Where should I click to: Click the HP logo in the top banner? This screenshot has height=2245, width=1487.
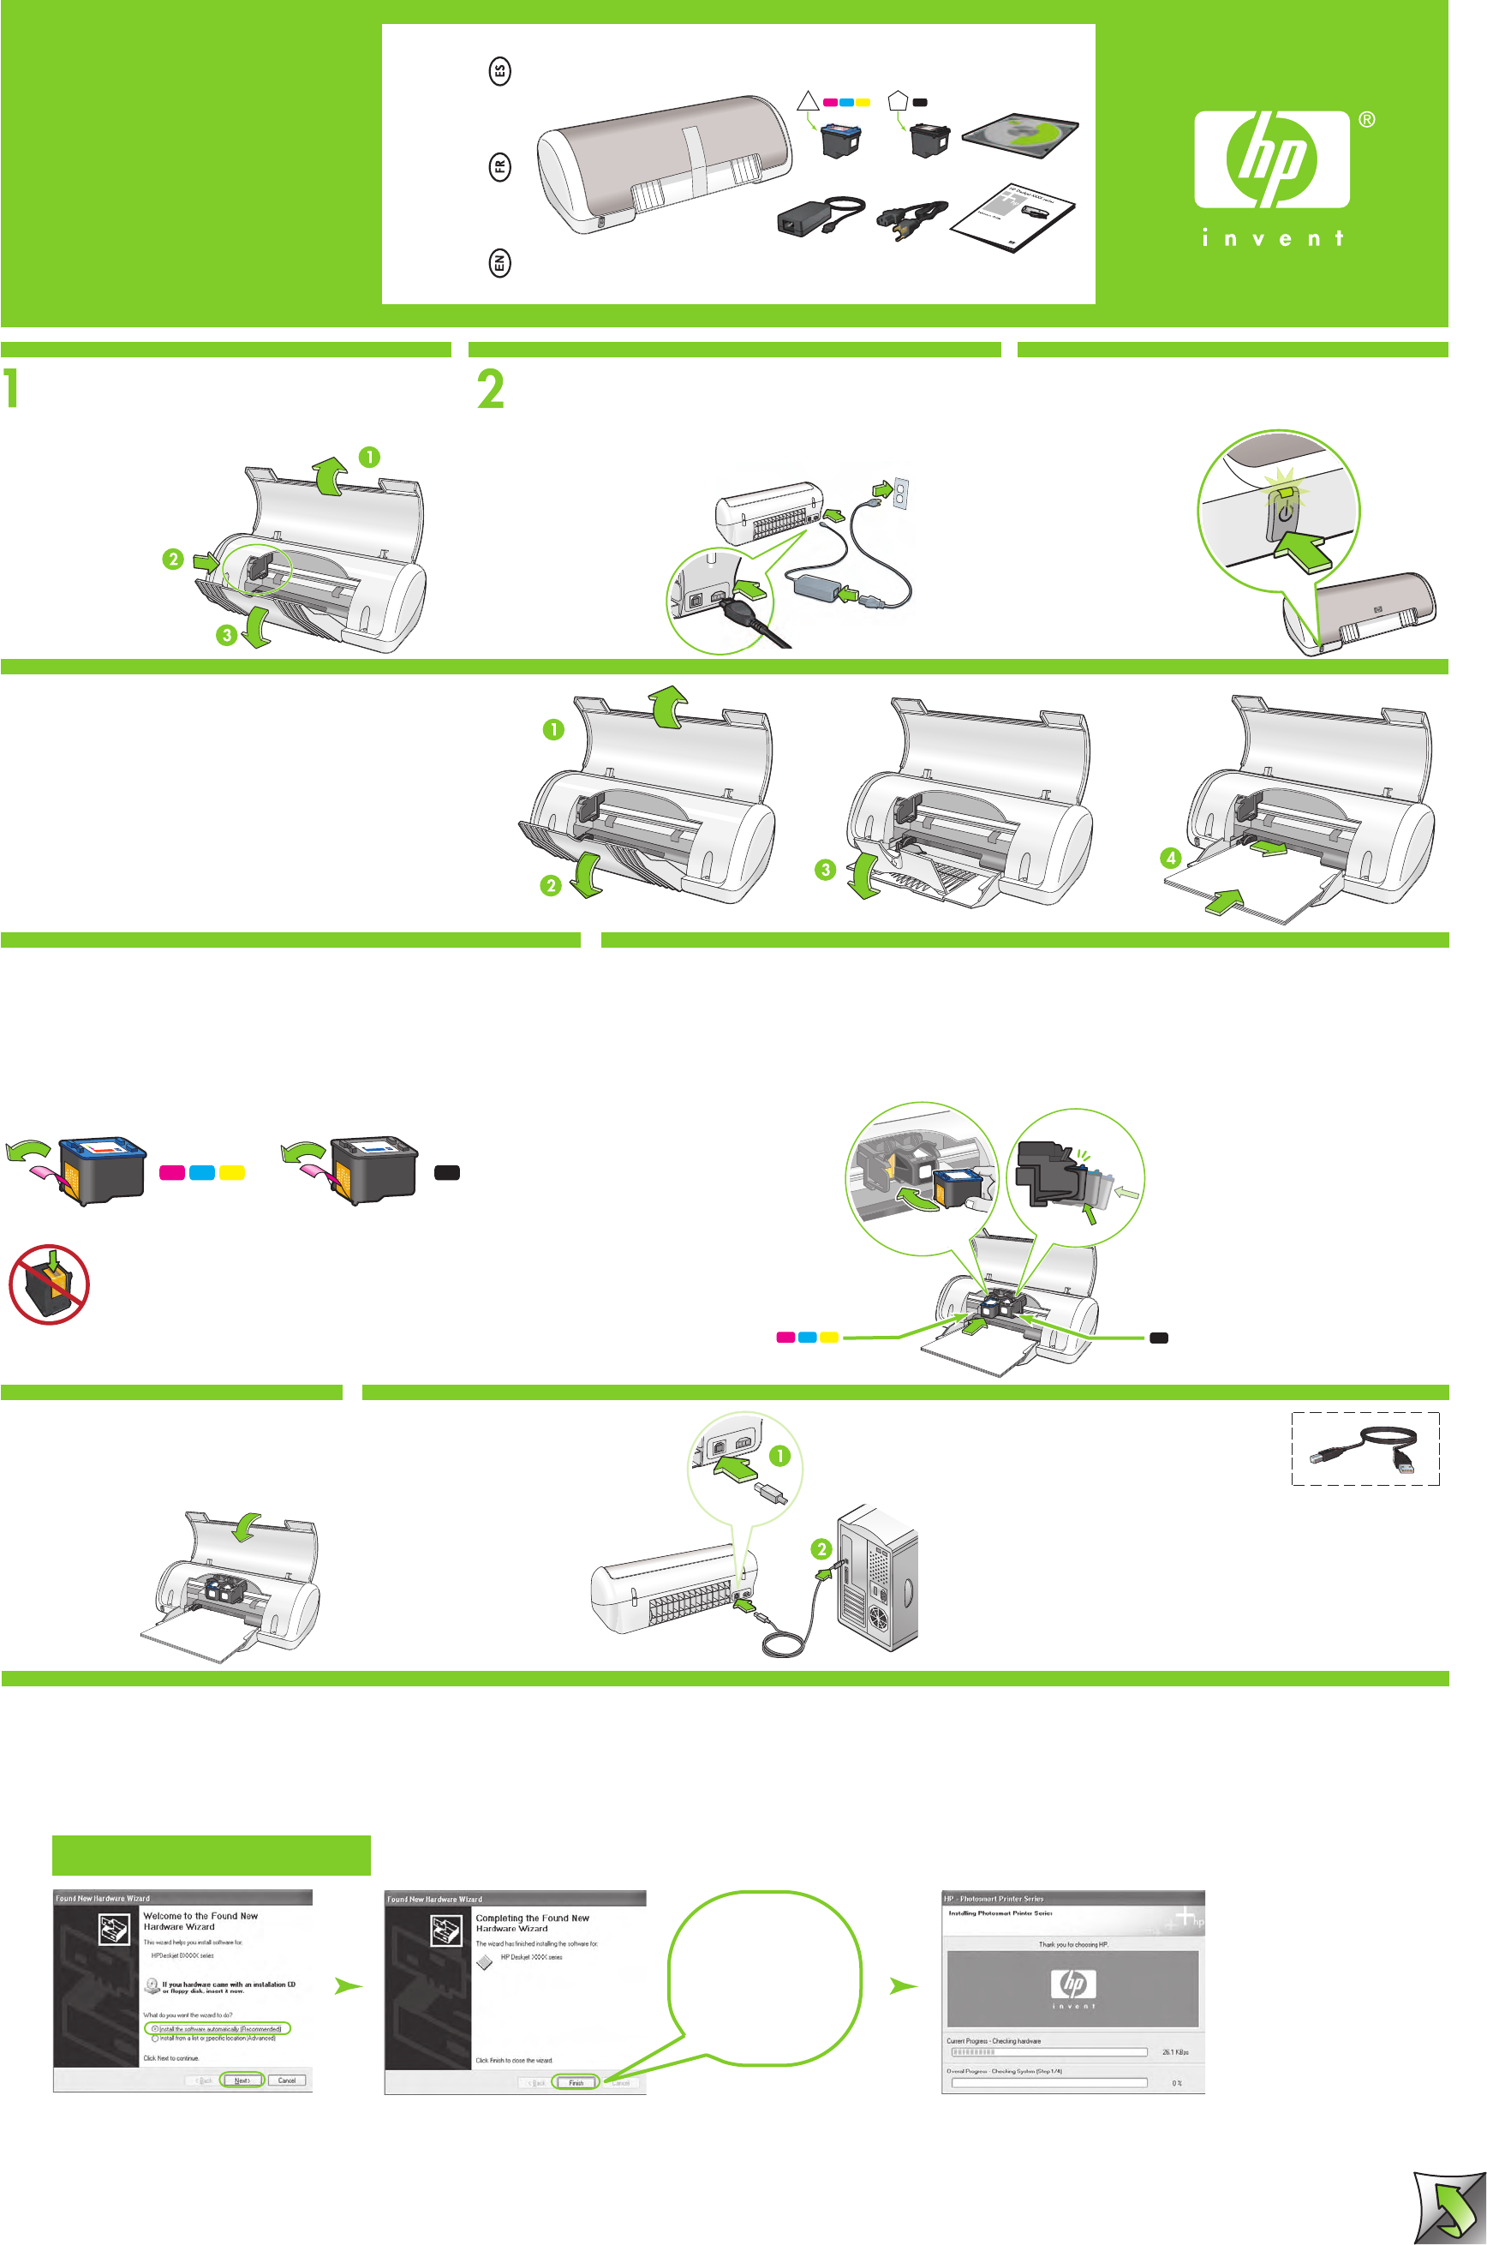(1271, 159)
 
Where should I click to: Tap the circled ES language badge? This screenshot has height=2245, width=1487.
(499, 71)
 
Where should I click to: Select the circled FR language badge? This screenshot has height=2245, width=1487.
(499, 167)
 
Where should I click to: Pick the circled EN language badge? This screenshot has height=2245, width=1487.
(499, 263)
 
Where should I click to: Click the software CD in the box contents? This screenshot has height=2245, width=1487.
(1020, 133)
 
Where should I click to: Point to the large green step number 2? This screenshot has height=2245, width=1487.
(490, 390)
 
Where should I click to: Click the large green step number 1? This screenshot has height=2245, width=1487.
(10, 390)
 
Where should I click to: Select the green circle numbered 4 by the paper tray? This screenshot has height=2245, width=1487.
(1171, 858)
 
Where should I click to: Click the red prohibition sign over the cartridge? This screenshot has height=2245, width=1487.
(50, 1285)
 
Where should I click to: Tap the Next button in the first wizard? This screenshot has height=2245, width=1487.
(242, 2080)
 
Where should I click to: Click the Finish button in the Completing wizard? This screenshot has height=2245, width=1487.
(576, 2083)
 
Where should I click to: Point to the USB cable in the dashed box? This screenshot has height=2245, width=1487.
(1365, 1448)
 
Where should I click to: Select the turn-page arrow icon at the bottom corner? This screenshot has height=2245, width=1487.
(1448, 2207)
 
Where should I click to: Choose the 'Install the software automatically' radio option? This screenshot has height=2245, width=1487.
(156, 2029)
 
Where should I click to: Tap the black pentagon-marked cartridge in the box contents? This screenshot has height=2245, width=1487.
(929, 140)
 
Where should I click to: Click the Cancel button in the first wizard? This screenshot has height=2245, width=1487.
(286, 2080)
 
